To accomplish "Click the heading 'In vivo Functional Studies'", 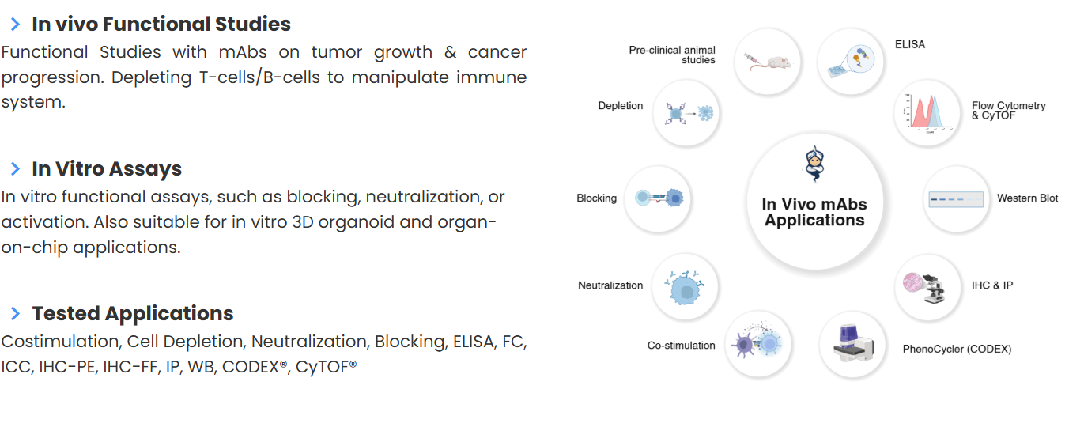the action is (161, 24).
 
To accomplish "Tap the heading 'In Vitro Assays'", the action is (107, 168).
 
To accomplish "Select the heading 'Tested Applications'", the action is (133, 313).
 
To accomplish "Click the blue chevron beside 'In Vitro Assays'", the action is (16, 168).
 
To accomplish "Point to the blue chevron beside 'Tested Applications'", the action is (16, 313).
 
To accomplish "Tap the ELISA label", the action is (910, 44).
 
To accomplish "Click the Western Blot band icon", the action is (956, 199).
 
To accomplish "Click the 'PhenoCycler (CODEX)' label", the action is (957, 349).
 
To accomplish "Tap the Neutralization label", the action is (610, 285).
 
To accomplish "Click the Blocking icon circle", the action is (658, 198).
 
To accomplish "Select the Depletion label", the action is (621, 105).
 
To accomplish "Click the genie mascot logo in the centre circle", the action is (815, 164).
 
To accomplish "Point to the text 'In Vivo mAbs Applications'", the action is (814, 212).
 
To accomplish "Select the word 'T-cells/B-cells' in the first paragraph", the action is (260, 77).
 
